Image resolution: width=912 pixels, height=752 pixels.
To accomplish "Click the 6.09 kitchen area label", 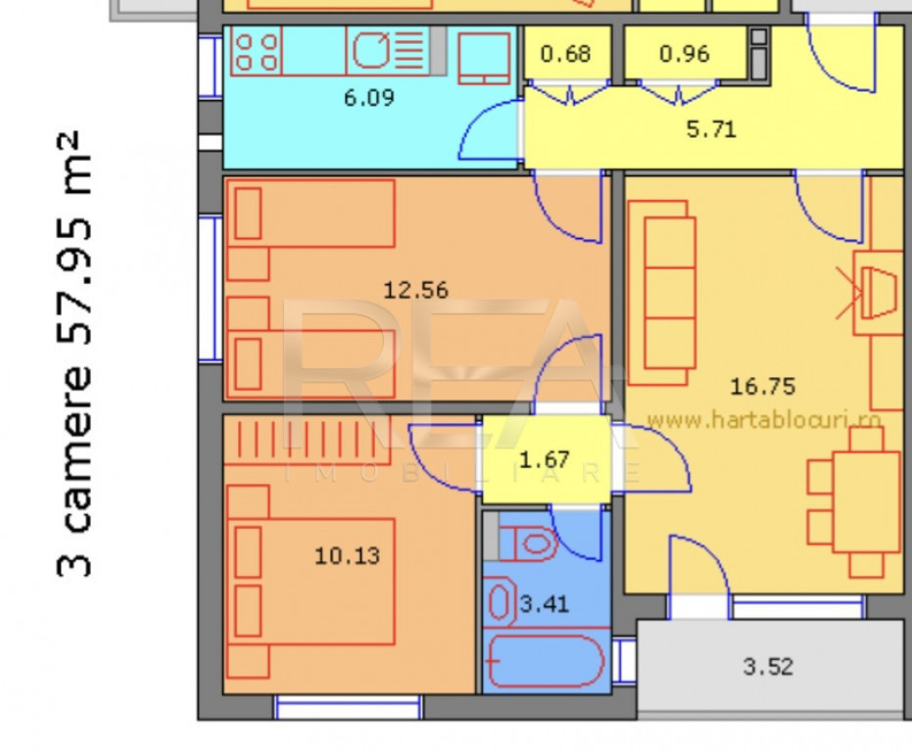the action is click(368, 97).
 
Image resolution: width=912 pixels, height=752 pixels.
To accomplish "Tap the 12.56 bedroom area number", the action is click(416, 290).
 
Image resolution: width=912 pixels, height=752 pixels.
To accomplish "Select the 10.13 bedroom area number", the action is click(347, 556).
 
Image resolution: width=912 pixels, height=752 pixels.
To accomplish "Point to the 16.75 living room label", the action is click(762, 386).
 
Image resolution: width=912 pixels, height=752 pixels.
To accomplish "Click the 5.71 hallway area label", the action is click(711, 129).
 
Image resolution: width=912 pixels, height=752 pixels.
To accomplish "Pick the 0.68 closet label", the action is click(565, 54).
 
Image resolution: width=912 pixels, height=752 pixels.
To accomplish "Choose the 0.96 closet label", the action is click(685, 54).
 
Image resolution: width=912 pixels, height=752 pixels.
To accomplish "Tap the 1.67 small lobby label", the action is click(544, 460).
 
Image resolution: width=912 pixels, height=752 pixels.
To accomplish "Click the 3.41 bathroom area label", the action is click(544, 604).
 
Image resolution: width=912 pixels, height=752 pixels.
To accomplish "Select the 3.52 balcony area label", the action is click(768, 667).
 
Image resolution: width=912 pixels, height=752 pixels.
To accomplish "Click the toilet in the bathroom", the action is click(528, 543).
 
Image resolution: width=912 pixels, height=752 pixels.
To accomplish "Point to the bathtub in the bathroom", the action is click(547, 661).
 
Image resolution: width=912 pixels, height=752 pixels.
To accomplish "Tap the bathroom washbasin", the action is click(500, 601).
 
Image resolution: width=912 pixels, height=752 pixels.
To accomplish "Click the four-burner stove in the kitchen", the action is click(257, 52).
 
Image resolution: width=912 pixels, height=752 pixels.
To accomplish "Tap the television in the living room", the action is click(879, 293).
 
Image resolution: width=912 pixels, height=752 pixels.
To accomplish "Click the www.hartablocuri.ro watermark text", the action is click(764, 419).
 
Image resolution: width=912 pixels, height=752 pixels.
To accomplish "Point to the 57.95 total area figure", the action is click(75, 281).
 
